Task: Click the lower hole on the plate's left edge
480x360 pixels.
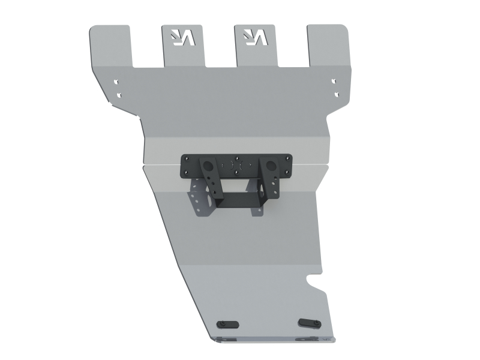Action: click(x=119, y=94)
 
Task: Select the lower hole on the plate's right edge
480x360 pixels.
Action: click(x=336, y=94)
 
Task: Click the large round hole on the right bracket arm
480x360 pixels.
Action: click(x=271, y=164)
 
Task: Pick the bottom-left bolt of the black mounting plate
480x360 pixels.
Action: click(x=187, y=172)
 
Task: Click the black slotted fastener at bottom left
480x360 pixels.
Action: click(x=230, y=323)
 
